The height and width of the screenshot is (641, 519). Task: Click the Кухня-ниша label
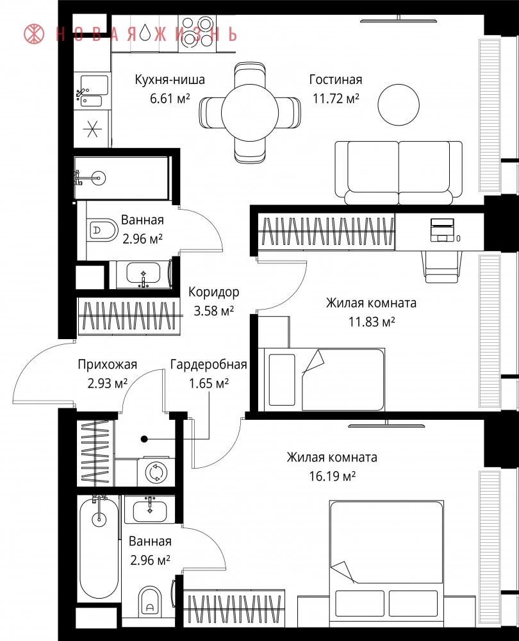(x=170, y=79)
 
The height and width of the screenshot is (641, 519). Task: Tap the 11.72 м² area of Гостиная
(x=336, y=99)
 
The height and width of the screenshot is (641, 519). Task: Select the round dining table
(x=250, y=112)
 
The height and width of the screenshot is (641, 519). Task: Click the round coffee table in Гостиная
(x=399, y=105)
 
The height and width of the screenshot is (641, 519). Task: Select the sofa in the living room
(x=399, y=172)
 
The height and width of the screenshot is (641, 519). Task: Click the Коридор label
(x=214, y=292)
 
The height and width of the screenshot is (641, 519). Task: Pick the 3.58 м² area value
(x=214, y=311)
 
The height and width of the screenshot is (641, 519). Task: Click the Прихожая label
(x=108, y=364)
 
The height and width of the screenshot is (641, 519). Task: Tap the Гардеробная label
(x=208, y=364)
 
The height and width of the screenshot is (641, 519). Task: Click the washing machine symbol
(x=156, y=472)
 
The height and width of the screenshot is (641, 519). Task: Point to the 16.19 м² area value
(x=333, y=476)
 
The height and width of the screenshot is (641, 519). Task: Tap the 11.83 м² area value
(x=372, y=322)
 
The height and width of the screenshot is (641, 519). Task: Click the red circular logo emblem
(x=34, y=33)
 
